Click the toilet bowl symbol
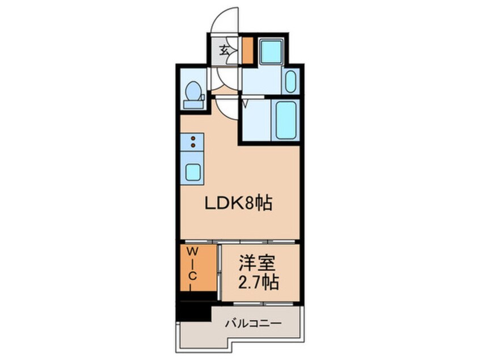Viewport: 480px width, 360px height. [x=193, y=91]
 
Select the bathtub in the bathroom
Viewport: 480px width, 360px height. [x=285, y=120]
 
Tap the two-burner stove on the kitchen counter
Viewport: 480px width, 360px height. [x=193, y=142]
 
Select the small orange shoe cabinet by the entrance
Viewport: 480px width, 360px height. [x=247, y=50]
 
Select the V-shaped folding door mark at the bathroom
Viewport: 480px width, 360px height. [x=245, y=103]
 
